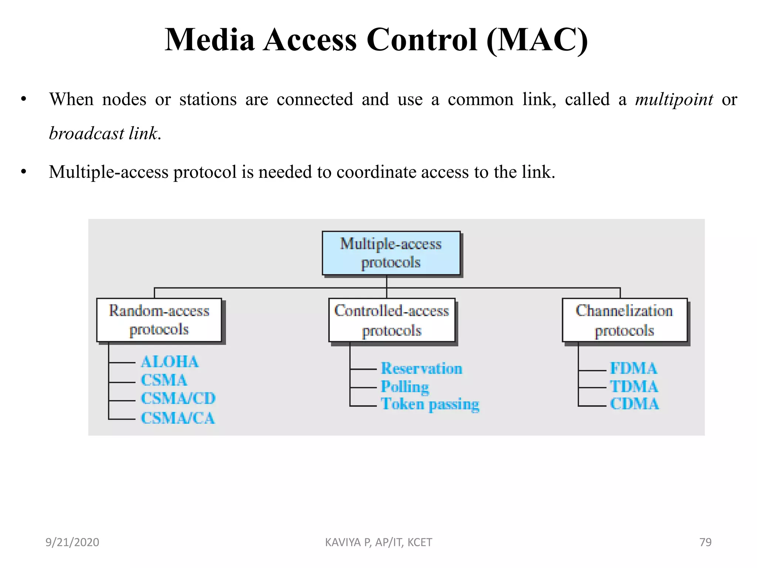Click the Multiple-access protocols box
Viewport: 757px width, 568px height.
click(391, 253)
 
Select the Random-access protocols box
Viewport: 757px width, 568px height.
click(159, 320)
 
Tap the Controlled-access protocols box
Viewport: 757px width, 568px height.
click(392, 320)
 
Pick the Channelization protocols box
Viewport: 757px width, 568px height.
click(624, 320)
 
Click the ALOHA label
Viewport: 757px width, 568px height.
click(170, 362)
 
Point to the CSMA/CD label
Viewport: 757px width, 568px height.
click(178, 399)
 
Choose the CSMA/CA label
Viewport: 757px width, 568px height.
click(178, 418)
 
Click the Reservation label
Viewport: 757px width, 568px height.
click(421, 369)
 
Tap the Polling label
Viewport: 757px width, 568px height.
click(405, 387)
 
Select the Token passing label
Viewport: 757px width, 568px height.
click(430, 404)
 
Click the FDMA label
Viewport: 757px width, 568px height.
click(633, 369)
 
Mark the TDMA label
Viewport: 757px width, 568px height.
click(634, 387)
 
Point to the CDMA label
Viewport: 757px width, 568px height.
click(634, 404)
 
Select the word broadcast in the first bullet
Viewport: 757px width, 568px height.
click(86, 133)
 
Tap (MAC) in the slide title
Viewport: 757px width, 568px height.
click(537, 40)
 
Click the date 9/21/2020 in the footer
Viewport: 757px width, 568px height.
click(72, 542)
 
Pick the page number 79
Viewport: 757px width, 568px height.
click(705, 542)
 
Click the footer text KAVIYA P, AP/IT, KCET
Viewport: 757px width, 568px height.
click(378, 542)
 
